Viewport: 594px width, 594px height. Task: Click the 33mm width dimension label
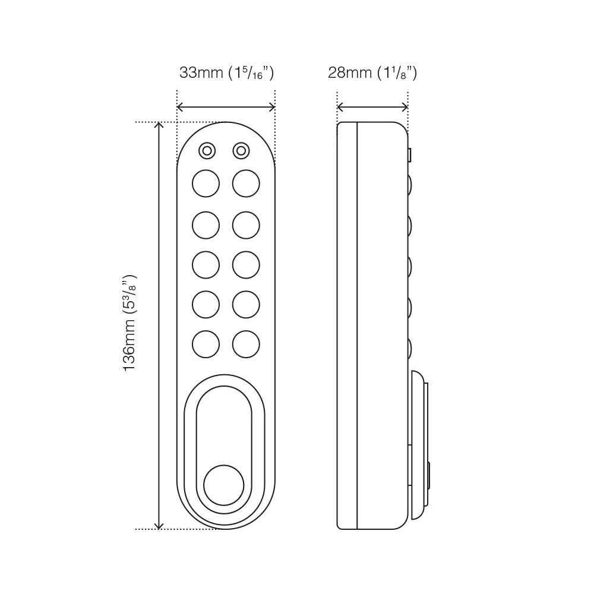click(x=226, y=73)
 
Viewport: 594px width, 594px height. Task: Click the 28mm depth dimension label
click(x=372, y=73)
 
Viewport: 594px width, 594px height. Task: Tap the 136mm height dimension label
click(x=130, y=324)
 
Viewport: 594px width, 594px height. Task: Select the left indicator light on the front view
click(x=207, y=151)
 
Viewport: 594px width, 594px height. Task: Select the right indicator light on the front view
click(x=241, y=151)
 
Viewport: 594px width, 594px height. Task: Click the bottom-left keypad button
click(x=206, y=344)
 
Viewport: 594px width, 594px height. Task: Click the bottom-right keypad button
click(x=246, y=344)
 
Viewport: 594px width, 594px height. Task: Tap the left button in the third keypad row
click(x=206, y=265)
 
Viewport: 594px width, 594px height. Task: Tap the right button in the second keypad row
click(x=246, y=225)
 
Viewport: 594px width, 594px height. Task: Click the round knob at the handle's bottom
click(x=223, y=485)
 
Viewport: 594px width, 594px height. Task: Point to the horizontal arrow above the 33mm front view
click(x=226, y=108)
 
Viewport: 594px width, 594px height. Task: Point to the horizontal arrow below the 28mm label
click(x=372, y=108)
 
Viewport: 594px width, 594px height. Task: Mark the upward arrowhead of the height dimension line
click(x=159, y=125)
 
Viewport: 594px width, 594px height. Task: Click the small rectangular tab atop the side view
click(x=410, y=155)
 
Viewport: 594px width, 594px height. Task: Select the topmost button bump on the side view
click(x=410, y=184)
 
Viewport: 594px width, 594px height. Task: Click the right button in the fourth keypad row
click(x=246, y=304)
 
